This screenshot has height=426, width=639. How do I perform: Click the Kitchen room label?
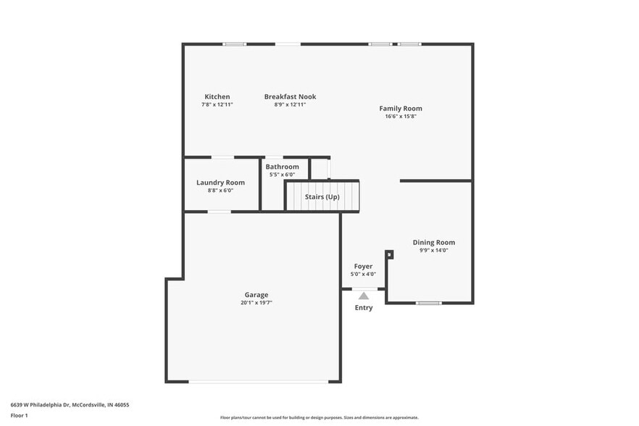[217, 96]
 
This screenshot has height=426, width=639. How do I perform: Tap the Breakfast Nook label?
[290, 96]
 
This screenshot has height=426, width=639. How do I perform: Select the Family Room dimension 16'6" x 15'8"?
[401, 116]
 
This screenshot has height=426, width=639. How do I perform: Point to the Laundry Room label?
[220, 183]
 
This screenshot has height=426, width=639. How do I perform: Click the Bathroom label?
[282, 167]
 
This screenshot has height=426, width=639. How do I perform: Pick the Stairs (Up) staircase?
[322, 196]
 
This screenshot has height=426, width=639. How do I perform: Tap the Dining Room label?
[434, 243]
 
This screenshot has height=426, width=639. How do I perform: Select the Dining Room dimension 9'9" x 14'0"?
[434, 251]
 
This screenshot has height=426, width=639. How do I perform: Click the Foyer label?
[363, 267]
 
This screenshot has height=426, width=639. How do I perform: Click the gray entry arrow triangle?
[364, 296]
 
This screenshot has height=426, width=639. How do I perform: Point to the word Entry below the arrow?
[364, 308]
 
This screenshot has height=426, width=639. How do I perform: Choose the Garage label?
[256, 295]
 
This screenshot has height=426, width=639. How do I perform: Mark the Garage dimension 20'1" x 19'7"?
[256, 303]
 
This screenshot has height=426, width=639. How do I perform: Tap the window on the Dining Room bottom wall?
[429, 303]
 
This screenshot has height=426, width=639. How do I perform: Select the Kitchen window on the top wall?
[235, 44]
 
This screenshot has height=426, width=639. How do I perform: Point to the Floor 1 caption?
[19, 415]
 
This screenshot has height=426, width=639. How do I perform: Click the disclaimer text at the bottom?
[319, 418]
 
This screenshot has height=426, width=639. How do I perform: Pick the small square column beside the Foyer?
[389, 254]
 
